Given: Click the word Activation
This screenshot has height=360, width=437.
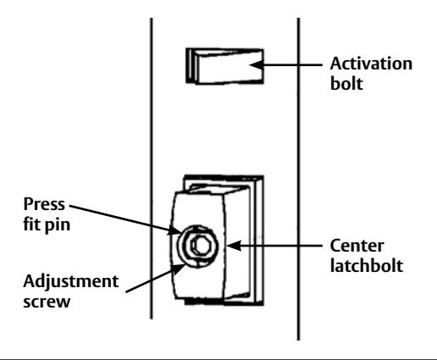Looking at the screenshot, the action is [371, 64].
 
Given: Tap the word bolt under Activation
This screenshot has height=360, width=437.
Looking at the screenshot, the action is [346, 84].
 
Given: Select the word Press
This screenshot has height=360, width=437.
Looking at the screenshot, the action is [44, 204].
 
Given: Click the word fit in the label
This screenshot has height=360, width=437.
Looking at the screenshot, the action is [32, 224].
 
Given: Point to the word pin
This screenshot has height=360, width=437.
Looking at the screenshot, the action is [58, 225].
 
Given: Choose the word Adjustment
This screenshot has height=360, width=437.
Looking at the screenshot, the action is [71, 281].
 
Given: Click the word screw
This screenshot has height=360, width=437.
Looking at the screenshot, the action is [47, 302].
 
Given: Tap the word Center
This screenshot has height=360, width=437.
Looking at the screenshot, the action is [357, 246].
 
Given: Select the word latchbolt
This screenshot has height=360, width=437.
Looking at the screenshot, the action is [367, 265].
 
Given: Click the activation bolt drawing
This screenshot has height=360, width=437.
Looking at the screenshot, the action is [224, 66].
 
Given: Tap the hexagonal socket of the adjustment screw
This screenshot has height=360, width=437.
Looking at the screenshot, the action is [201, 246].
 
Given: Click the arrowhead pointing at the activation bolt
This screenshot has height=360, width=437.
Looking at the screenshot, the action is [257, 64].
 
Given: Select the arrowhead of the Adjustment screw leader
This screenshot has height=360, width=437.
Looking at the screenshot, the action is [179, 270].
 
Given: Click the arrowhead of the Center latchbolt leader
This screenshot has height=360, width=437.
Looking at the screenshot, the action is [234, 246].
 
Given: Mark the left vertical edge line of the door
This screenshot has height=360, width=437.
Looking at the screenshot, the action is [152, 169].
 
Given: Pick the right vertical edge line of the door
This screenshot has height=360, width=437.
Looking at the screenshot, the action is [299, 179].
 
